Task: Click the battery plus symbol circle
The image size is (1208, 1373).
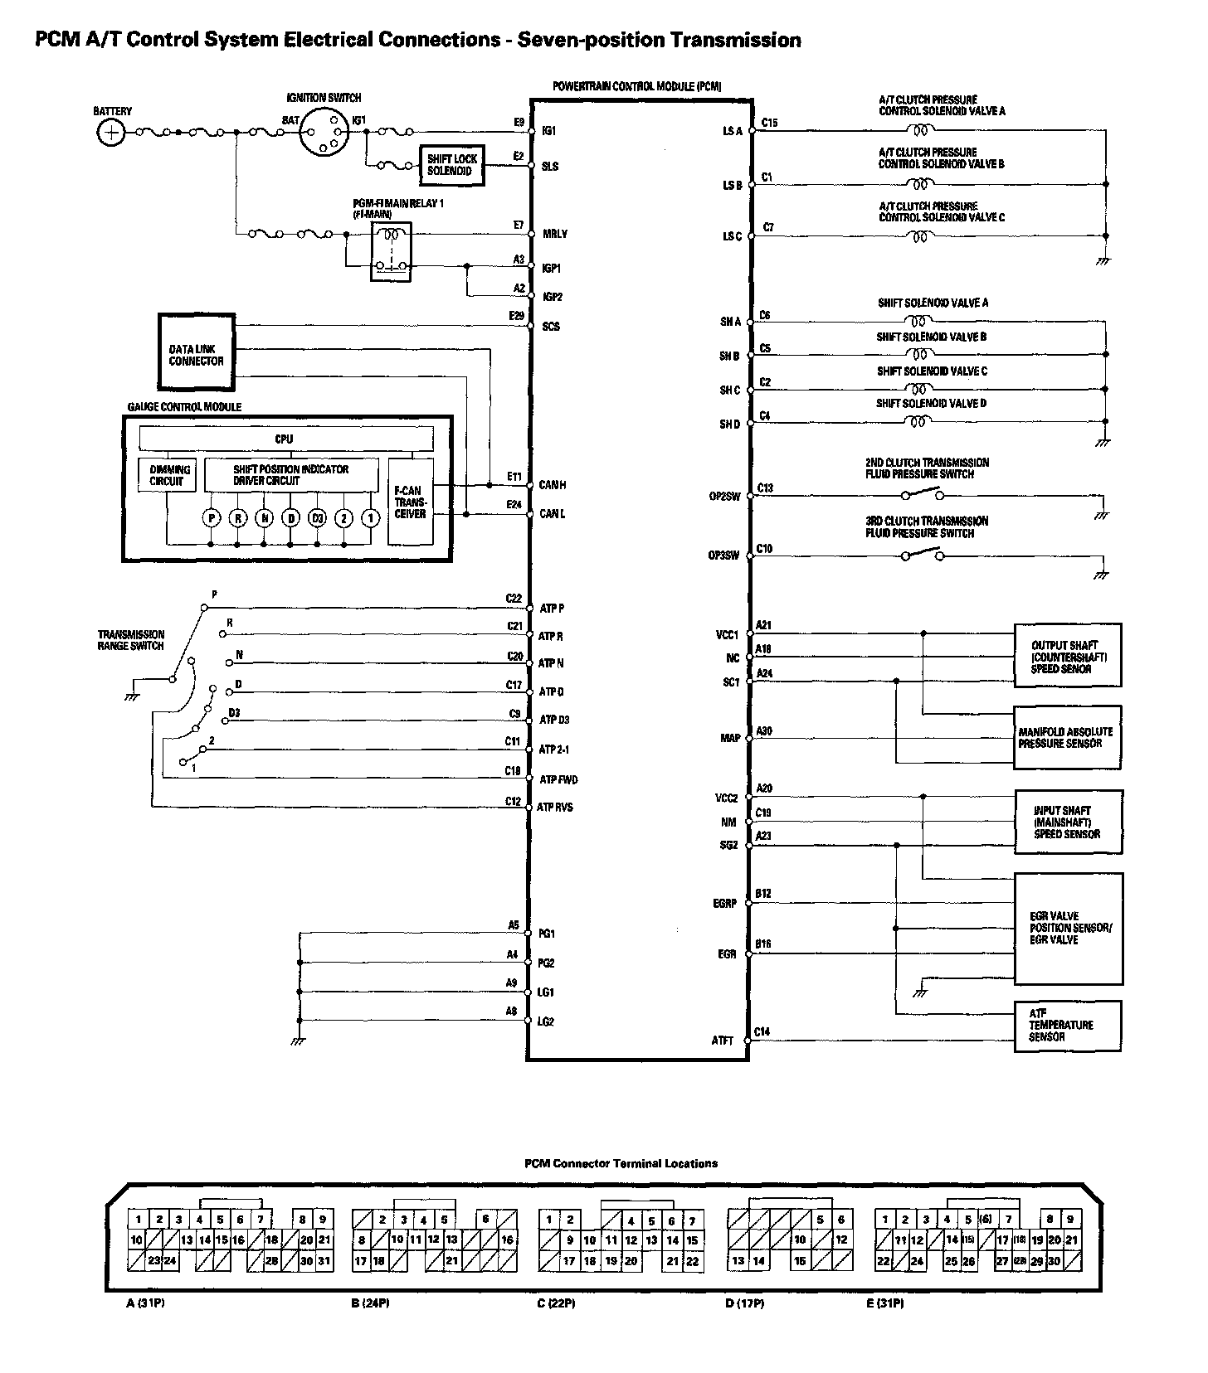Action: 110,133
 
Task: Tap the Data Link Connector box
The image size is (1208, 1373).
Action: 197,352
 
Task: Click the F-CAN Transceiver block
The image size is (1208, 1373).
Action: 410,502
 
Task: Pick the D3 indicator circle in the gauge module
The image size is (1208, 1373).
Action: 317,518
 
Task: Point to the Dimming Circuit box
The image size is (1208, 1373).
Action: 168,475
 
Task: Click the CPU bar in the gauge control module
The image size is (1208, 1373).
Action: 285,439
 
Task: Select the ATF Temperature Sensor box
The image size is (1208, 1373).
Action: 1067,1026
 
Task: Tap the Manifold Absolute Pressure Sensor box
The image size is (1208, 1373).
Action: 1067,737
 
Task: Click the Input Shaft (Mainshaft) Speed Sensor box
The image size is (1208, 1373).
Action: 1068,822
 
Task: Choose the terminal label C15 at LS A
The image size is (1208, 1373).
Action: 769,123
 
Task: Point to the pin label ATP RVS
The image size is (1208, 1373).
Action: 555,807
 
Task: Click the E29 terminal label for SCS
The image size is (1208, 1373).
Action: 516,316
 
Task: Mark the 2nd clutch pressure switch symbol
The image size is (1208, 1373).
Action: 923,496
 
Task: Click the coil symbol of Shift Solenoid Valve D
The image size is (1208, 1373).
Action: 918,421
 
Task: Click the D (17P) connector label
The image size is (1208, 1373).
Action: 744,1304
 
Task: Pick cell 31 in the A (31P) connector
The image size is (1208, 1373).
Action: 324,1261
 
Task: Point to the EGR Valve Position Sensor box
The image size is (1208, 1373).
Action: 1068,928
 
